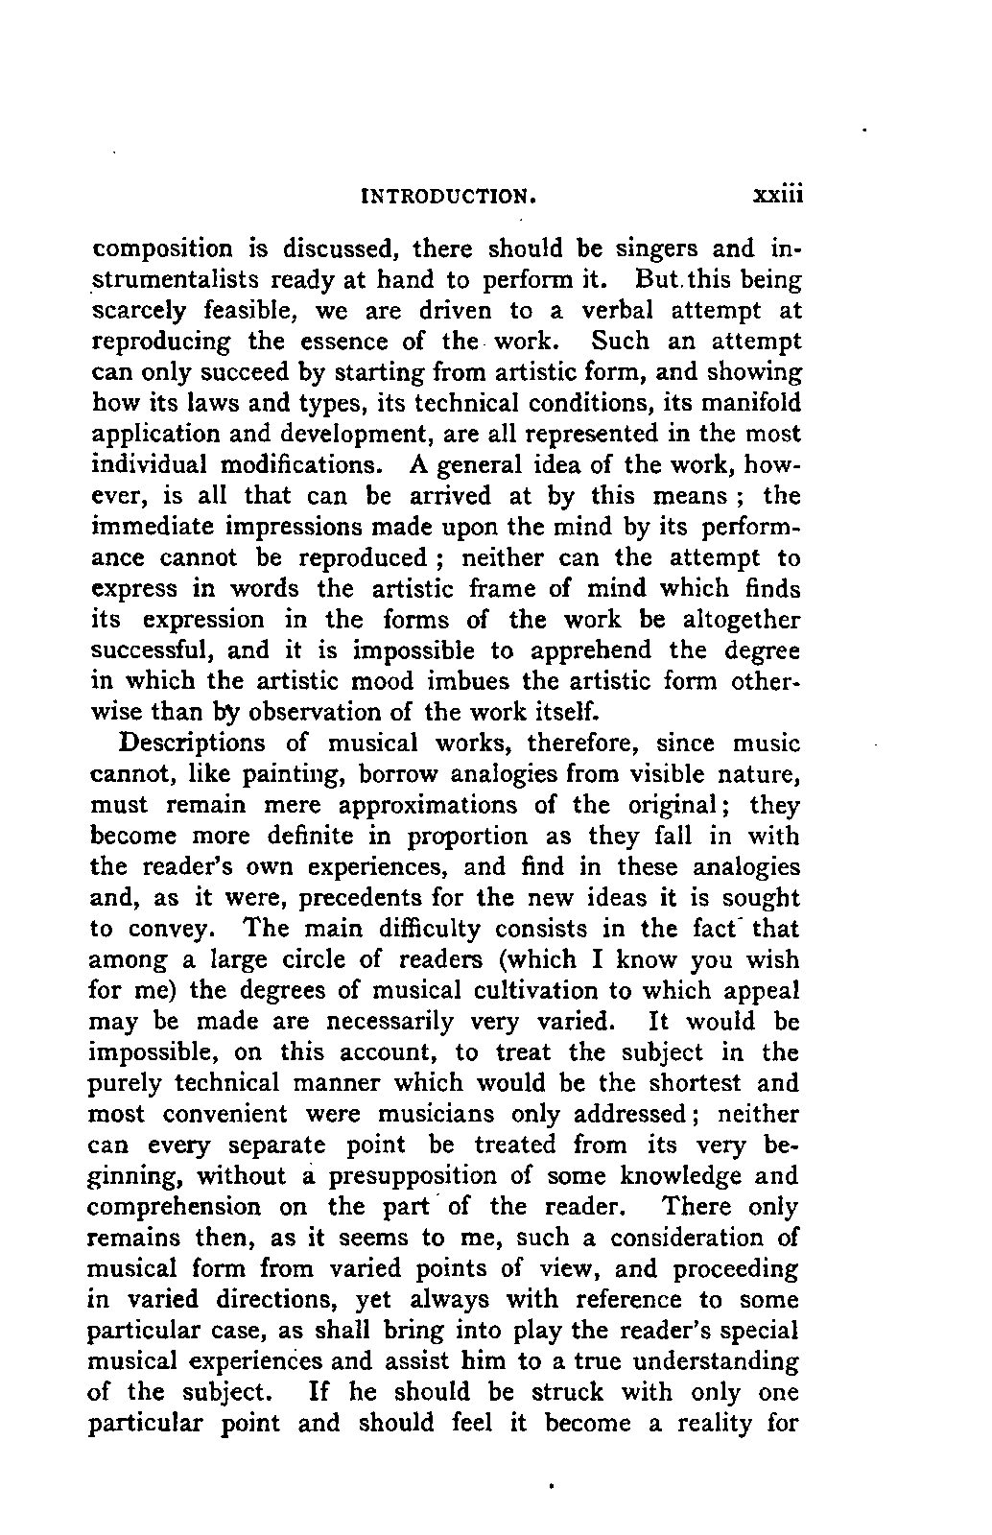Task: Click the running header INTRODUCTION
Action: click(x=445, y=197)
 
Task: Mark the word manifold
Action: click(x=743, y=403)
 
